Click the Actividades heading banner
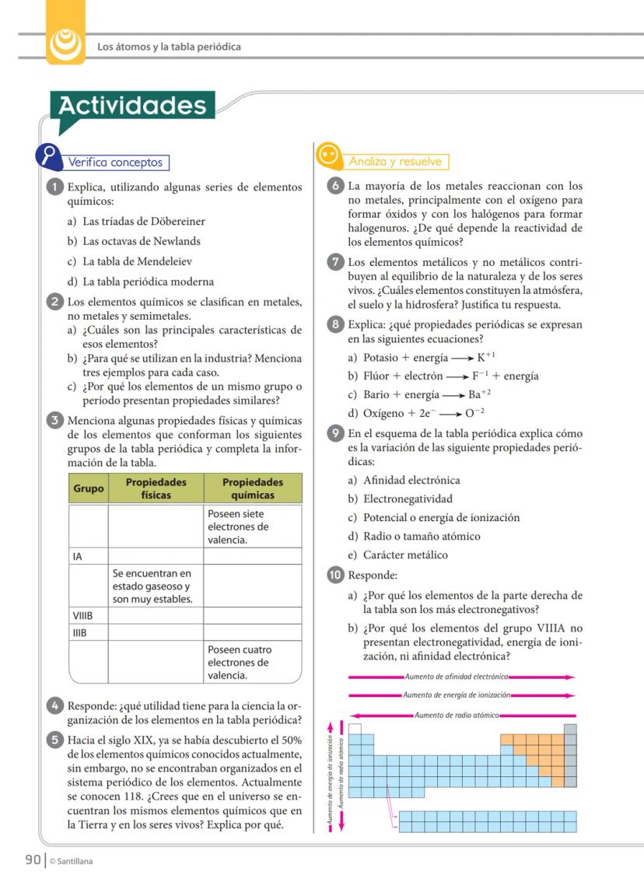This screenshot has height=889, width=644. (132, 106)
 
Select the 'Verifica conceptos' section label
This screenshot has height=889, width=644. (116, 163)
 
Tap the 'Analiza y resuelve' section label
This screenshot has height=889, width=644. (395, 162)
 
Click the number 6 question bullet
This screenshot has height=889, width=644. (335, 187)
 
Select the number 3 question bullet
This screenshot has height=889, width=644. (55, 421)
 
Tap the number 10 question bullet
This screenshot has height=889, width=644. (335, 576)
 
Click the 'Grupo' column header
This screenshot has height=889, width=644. (88, 488)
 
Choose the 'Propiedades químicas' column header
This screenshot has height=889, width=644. (252, 488)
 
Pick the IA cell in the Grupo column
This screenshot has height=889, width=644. (88, 556)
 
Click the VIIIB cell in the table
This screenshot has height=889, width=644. (88, 615)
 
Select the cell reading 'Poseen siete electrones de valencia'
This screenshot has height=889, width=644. (252, 526)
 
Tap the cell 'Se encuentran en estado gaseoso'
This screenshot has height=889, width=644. (156, 586)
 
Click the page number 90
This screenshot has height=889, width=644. (32, 859)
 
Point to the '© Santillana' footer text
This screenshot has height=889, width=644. (72, 861)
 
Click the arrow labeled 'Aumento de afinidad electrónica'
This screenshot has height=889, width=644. (462, 677)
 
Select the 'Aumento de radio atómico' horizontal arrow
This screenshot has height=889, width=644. (462, 715)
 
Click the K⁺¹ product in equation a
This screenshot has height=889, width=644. (486, 357)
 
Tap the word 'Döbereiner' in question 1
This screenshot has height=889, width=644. (177, 222)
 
